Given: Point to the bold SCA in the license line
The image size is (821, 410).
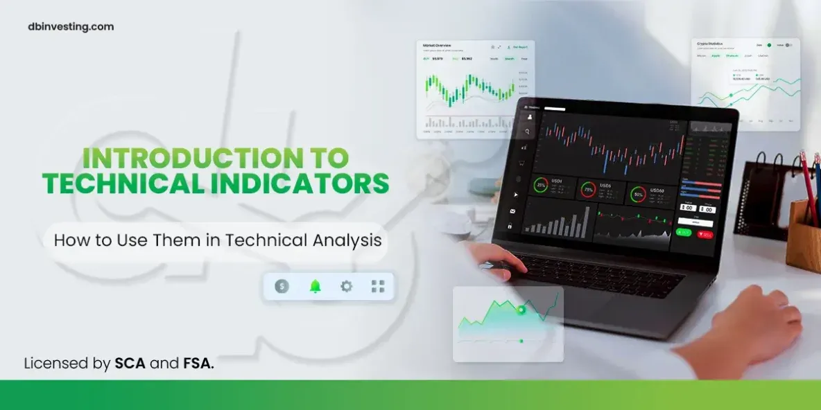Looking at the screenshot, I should click(130, 363).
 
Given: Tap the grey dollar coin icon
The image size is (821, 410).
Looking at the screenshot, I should click(282, 286).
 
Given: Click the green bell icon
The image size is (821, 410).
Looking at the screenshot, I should click(316, 286).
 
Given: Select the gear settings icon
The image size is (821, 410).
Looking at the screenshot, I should click(346, 286).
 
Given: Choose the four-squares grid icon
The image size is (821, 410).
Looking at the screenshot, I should click(378, 286).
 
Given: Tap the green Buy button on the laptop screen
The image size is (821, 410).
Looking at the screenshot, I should click(683, 233).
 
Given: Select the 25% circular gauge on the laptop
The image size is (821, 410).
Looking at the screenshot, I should click(541, 186).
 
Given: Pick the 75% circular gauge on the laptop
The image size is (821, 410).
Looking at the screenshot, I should click(588, 189).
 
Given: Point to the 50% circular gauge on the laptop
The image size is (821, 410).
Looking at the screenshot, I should click(637, 194).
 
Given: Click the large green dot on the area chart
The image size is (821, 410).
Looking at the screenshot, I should click(521, 310).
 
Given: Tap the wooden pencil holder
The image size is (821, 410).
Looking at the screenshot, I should click(803, 235).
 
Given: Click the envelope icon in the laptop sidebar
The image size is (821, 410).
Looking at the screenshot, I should click(513, 211).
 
